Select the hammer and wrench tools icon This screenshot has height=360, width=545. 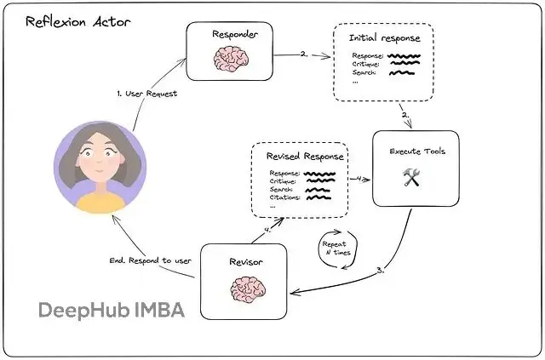[x=413, y=176]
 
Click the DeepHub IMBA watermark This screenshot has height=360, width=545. [x=112, y=310]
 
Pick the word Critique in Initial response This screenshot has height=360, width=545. [x=368, y=64]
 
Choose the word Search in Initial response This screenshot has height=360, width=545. [x=366, y=73]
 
